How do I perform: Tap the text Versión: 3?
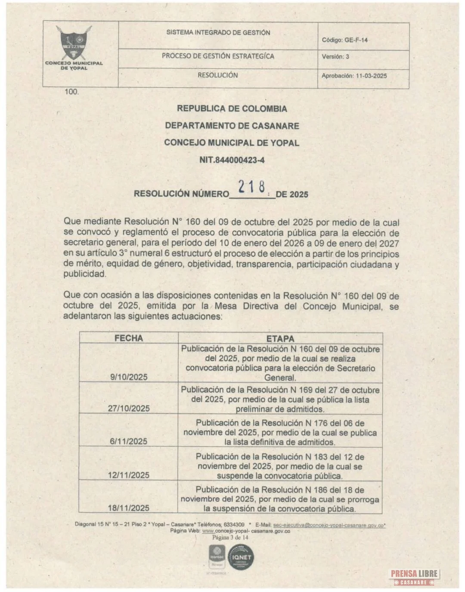(x=335, y=57)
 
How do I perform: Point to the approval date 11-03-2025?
(x=371, y=76)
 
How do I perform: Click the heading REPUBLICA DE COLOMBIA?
(x=232, y=109)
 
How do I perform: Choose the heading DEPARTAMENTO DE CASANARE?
(x=232, y=126)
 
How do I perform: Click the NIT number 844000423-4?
(x=232, y=160)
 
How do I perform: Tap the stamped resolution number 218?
(x=252, y=187)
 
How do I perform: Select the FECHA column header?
(x=128, y=338)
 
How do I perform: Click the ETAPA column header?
(x=280, y=339)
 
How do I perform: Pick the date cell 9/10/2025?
(x=129, y=377)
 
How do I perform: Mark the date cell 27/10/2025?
(x=129, y=408)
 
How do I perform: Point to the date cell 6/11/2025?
(x=129, y=441)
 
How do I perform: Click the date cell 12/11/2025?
(x=129, y=475)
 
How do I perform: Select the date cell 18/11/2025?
(x=129, y=508)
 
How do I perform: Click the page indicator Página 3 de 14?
(x=230, y=537)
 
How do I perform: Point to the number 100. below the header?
(x=71, y=92)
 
